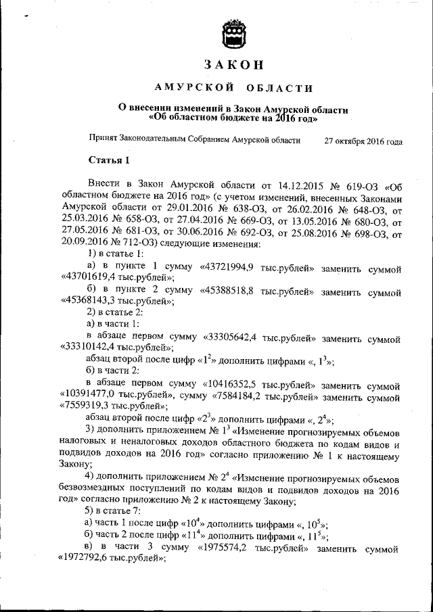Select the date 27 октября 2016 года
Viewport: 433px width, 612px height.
coord(363,141)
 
